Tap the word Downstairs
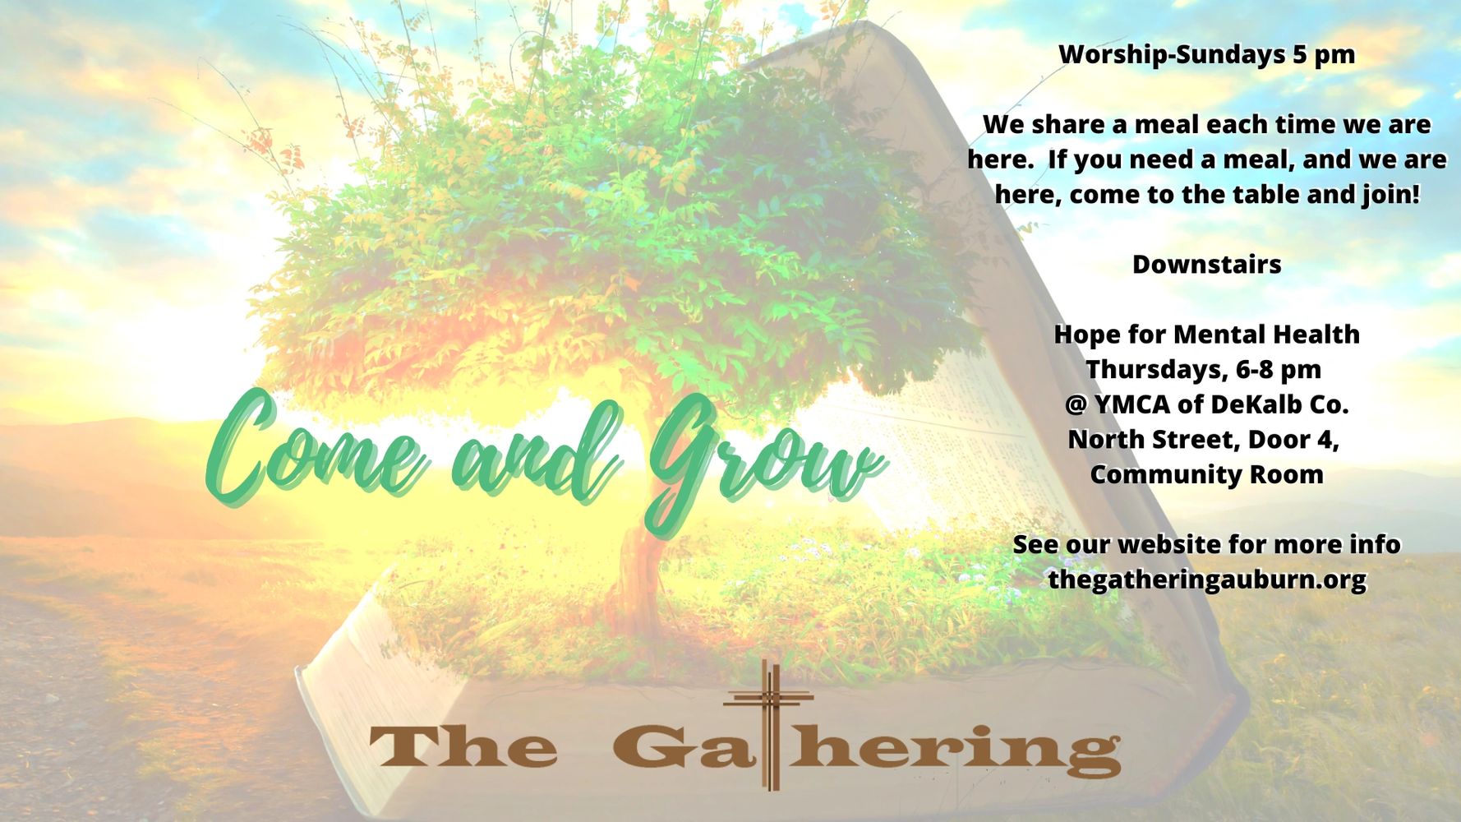coord(1206,265)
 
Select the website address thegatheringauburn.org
coord(1206,580)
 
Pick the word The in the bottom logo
coord(463,746)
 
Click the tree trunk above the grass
coord(637,567)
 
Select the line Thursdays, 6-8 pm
coord(1204,370)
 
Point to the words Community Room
coord(1206,474)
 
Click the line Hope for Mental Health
coord(1206,335)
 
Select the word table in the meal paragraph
coord(1265,195)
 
